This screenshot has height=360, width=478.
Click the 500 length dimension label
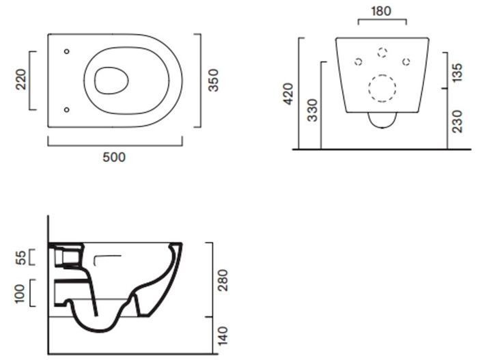(x=114, y=157)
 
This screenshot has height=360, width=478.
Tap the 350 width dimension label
(x=213, y=80)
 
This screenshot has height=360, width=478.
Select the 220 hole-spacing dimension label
(x=21, y=80)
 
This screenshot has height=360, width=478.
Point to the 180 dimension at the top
(x=381, y=12)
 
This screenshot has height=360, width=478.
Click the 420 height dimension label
(x=288, y=94)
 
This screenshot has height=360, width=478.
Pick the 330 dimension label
(x=312, y=110)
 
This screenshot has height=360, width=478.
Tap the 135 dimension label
(x=458, y=72)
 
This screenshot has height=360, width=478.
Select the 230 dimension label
(x=458, y=122)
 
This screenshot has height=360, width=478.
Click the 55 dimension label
(x=20, y=258)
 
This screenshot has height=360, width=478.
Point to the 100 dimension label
(x=20, y=293)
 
